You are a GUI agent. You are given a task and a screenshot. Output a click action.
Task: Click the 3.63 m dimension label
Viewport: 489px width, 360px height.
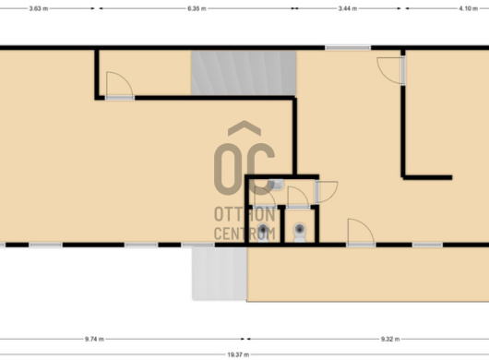39,8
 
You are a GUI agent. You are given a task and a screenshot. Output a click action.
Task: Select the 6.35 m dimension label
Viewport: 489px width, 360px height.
197,8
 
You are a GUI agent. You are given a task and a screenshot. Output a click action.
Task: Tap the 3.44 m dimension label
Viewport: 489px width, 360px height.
348,8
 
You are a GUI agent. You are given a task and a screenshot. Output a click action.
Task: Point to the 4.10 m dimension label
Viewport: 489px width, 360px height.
468,8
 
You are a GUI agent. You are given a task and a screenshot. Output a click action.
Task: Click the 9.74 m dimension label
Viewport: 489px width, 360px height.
94,339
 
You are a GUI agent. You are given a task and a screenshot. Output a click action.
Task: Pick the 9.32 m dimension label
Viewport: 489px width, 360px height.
390,339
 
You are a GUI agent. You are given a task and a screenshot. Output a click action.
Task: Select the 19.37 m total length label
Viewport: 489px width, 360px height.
238,354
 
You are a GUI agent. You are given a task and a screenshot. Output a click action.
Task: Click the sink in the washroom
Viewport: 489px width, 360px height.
275,185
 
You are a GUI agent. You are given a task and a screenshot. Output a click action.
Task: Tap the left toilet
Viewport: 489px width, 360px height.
263,233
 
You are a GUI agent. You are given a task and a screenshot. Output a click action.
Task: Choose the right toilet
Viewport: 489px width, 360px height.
300,233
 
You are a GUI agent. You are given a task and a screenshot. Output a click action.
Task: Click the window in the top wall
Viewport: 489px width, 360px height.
348,48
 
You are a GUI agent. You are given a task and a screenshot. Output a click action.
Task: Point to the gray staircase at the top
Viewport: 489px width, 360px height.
244,73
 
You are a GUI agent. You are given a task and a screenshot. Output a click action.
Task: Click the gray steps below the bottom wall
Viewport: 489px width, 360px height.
220,273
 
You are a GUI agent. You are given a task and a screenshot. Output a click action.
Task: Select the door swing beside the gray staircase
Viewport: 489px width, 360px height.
120,86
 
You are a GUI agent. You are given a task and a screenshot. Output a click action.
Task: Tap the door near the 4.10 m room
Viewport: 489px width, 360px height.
391,70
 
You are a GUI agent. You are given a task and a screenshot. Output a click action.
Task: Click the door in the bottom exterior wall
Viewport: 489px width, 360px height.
361,233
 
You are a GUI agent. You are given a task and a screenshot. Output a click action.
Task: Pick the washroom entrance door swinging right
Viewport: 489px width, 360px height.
327,192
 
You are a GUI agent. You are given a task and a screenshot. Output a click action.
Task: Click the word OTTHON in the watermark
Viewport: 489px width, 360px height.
244,214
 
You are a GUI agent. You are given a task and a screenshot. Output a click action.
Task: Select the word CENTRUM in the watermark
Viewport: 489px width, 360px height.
244,233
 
